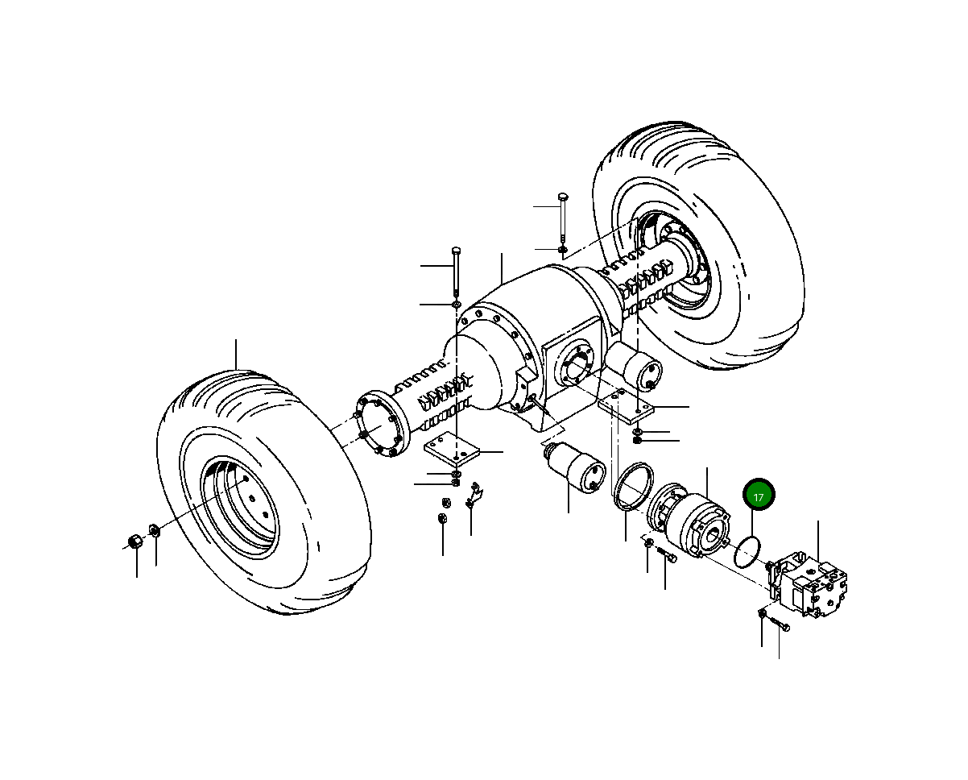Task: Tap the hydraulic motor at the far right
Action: coord(809,583)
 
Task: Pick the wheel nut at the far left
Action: coord(135,540)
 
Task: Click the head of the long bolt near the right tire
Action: coord(561,197)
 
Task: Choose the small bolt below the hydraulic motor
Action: coord(778,624)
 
